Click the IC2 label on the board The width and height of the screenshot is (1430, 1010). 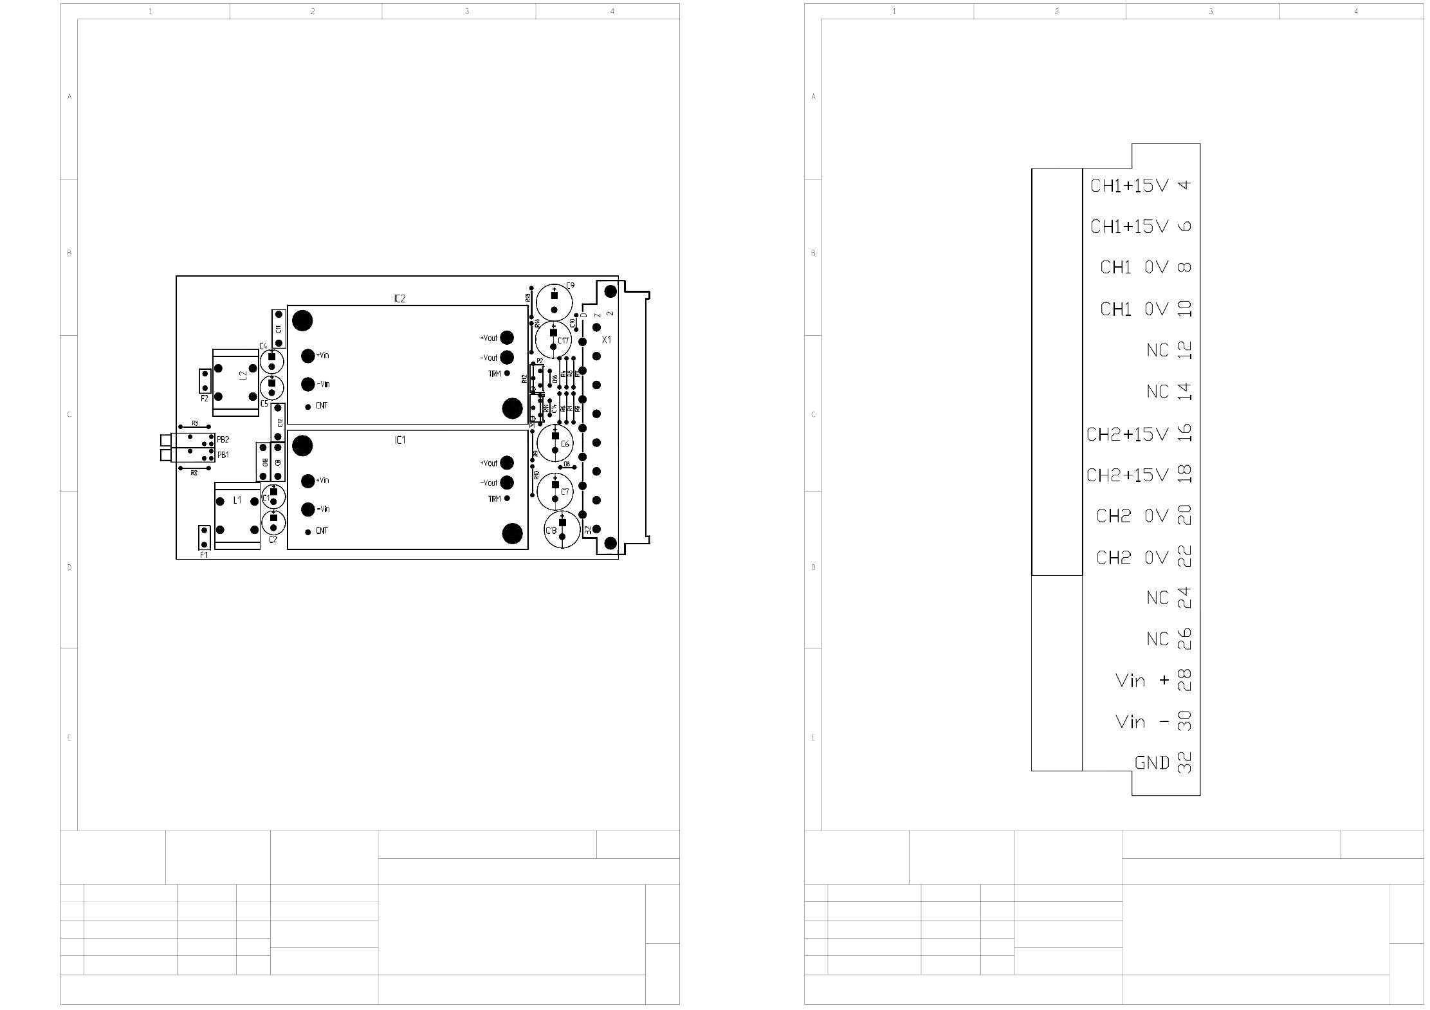point(399,298)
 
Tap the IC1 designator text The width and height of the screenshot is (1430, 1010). point(399,440)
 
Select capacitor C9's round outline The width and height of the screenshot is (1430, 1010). point(554,302)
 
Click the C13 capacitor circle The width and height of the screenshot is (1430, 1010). point(562,530)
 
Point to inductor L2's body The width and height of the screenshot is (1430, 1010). point(235,380)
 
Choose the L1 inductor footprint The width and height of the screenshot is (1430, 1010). point(237,516)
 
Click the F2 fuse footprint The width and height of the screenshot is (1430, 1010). point(205,381)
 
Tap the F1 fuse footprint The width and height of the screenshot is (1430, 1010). point(204,537)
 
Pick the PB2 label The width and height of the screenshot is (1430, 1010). point(223,439)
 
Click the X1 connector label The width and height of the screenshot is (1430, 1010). point(606,339)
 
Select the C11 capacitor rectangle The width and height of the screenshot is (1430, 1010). point(278,328)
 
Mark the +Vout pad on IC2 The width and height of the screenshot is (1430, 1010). point(507,338)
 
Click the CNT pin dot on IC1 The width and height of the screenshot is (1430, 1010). point(308,531)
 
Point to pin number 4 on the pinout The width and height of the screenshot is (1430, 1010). point(1184,185)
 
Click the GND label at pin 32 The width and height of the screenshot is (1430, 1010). point(1151,763)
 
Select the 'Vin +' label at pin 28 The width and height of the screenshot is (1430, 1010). point(1142,681)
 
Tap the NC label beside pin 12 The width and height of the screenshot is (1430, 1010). point(1157,351)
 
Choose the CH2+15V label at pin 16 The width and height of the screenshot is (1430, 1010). point(1127,434)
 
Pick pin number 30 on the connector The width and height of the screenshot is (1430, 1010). point(1184,721)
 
